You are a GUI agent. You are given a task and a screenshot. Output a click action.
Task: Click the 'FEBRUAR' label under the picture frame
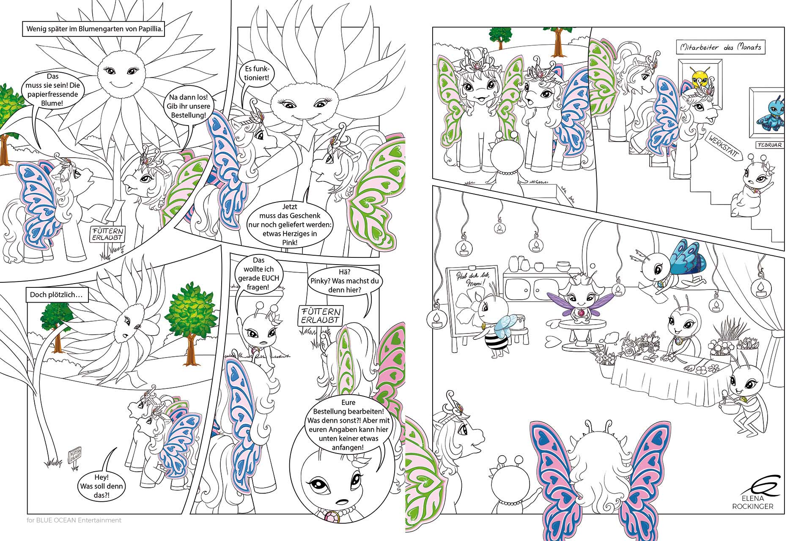769,145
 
